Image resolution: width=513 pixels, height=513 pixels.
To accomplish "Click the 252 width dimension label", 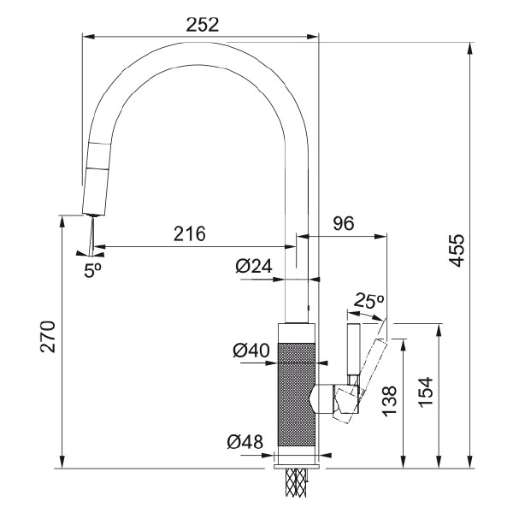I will click(202, 24).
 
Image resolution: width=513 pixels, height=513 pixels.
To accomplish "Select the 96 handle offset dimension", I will click(343, 224).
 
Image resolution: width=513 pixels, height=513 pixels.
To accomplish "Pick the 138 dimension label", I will click(389, 400).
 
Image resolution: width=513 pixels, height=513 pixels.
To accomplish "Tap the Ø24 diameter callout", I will click(253, 267).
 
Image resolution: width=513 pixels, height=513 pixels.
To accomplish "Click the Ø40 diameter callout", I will click(251, 350).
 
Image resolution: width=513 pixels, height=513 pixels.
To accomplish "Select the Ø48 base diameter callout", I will click(245, 442).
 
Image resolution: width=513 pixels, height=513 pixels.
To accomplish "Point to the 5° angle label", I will click(92, 268).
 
